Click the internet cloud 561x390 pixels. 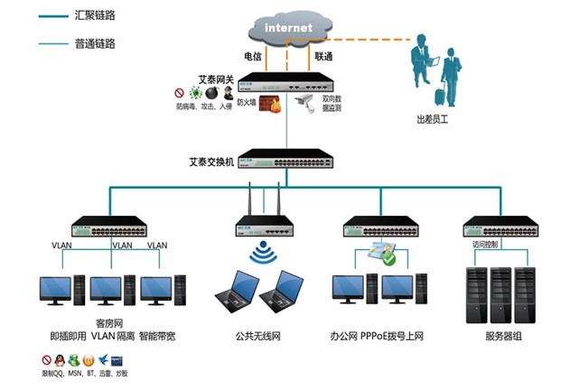(x=289, y=28)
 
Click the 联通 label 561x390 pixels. (x=323, y=56)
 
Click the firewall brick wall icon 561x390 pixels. (x=268, y=104)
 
